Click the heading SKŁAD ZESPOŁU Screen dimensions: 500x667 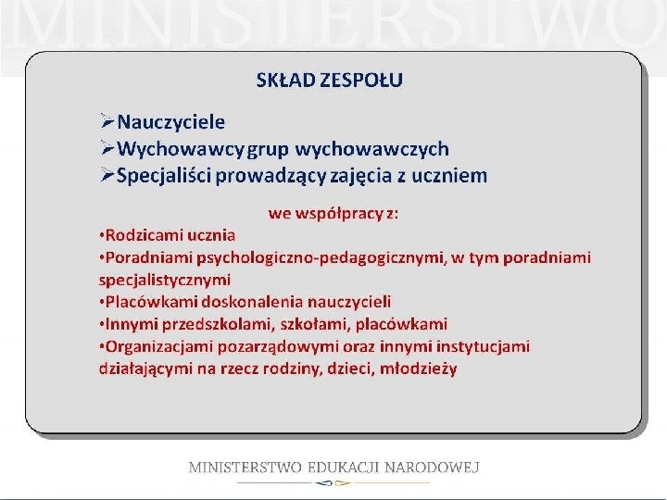[x=329, y=80]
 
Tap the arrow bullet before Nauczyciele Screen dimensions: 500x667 [x=107, y=122]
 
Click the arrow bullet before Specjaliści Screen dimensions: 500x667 [x=107, y=176]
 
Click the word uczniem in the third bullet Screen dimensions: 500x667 [x=451, y=176]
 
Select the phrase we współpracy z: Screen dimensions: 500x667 [x=333, y=214]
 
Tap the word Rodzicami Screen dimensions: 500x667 [x=141, y=235]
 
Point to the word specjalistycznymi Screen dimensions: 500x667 [x=165, y=279]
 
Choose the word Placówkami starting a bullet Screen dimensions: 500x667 [x=143, y=302]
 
